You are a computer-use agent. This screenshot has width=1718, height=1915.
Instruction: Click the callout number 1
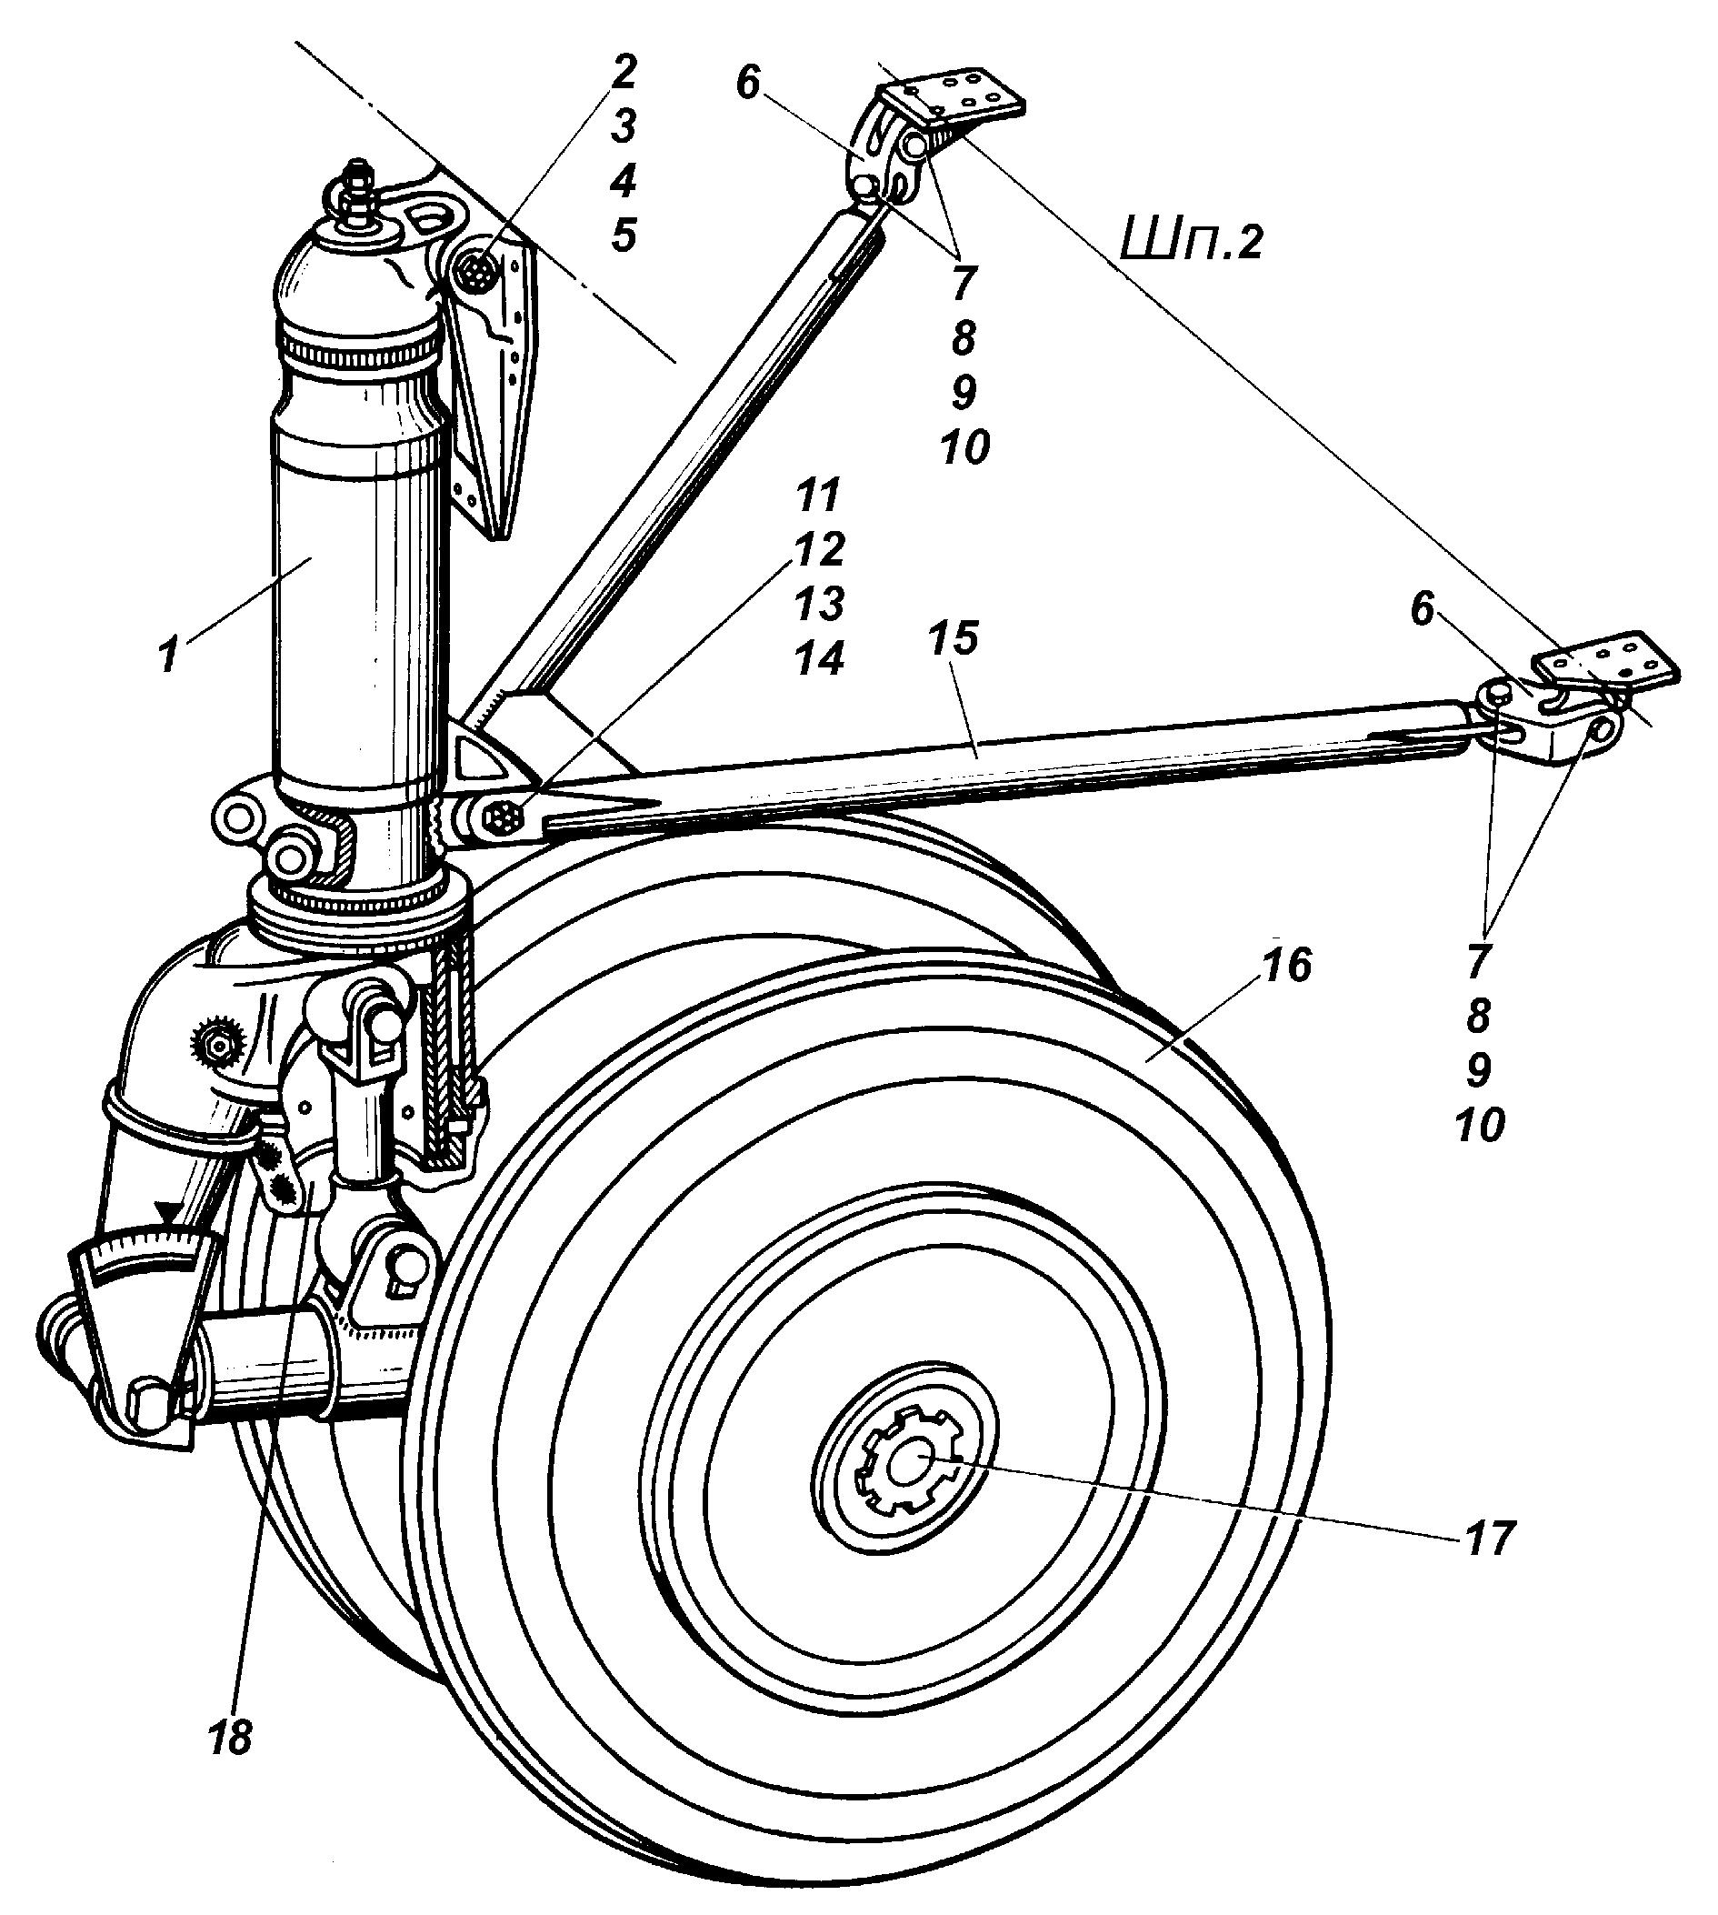[x=167, y=656]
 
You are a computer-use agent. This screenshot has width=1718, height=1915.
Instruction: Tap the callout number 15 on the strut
[x=954, y=641]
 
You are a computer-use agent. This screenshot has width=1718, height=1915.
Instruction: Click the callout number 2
[x=623, y=72]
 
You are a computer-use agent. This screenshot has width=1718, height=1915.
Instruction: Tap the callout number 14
[x=817, y=658]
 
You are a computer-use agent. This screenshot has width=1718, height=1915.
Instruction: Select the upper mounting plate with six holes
[x=954, y=96]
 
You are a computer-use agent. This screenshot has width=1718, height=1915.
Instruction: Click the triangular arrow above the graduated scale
[x=169, y=1211]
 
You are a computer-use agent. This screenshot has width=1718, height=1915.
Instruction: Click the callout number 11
[x=817, y=496]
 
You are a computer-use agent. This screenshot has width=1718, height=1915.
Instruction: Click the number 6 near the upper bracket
[x=747, y=85]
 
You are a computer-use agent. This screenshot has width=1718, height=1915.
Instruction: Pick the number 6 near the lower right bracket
[x=1423, y=611]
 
